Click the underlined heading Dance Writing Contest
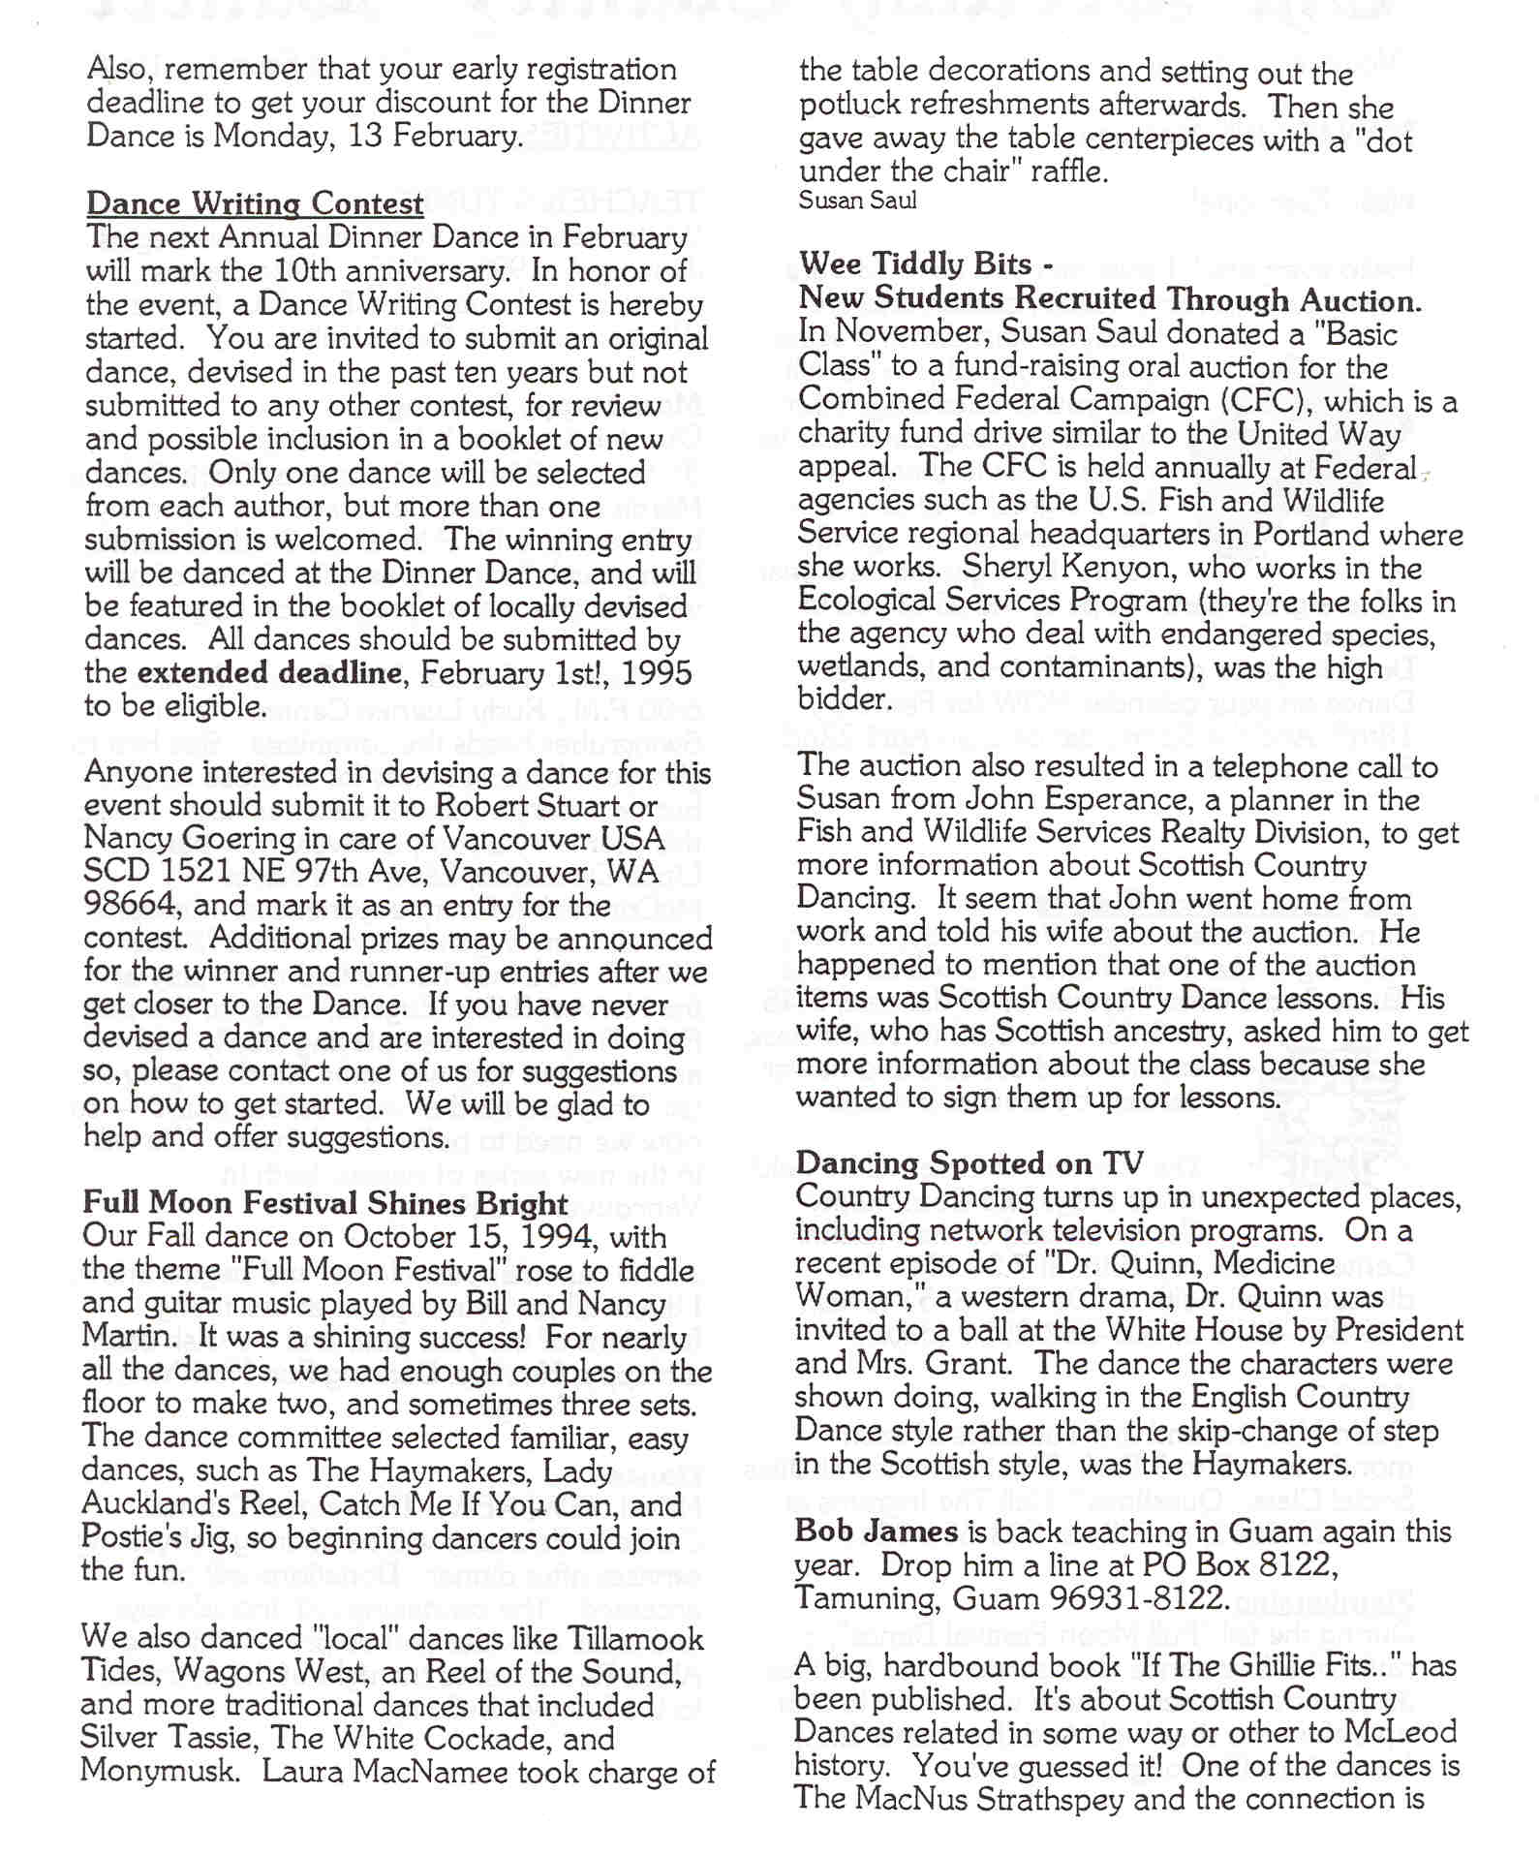[x=255, y=203]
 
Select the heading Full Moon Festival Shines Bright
[x=325, y=1203]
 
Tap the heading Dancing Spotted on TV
[x=970, y=1163]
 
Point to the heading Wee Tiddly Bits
[x=914, y=264]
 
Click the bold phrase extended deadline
[x=269, y=672]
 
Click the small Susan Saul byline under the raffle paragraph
[x=857, y=201]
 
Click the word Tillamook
[x=620, y=1639]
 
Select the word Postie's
[x=133, y=1538]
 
